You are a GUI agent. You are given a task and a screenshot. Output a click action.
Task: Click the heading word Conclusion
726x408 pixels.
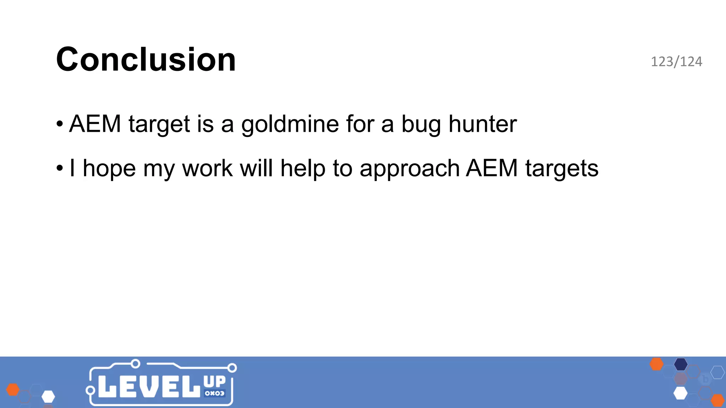tap(146, 59)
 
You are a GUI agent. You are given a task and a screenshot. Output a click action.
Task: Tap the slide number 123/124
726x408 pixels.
tap(676, 62)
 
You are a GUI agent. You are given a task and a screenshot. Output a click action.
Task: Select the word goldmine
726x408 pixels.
tap(290, 124)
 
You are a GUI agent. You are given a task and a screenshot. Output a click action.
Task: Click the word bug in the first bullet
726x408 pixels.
tap(421, 125)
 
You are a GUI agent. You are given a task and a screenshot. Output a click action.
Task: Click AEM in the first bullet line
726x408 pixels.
tap(95, 124)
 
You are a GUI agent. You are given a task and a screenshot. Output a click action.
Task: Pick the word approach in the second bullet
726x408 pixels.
tap(409, 169)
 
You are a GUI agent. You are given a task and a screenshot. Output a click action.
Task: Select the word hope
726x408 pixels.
tap(109, 169)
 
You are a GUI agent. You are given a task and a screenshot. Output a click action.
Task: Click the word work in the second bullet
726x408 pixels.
tap(207, 168)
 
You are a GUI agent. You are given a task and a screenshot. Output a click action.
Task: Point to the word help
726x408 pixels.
tap(303, 168)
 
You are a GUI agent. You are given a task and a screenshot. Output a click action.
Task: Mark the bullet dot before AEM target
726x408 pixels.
tap(60, 124)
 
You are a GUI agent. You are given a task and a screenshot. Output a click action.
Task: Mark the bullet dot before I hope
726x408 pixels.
tap(60, 168)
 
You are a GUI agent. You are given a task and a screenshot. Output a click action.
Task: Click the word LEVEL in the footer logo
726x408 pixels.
tap(149, 386)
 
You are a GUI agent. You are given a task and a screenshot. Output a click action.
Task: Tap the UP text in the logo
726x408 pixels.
tap(214, 382)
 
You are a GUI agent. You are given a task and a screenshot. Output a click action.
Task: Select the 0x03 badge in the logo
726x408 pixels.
tap(214, 393)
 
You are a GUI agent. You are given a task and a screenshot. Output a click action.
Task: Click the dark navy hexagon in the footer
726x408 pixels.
tap(681, 364)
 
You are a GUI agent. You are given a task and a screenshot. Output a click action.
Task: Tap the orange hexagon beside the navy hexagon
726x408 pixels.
tap(657, 364)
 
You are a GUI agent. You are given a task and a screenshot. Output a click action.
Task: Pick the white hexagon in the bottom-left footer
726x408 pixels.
tap(48, 397)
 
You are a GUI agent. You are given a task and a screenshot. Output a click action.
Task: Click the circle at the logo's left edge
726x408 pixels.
tap(90, 390)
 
